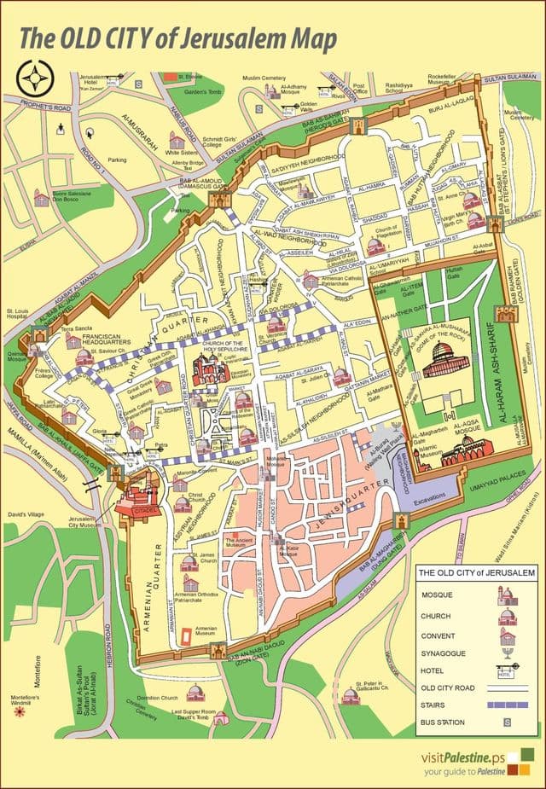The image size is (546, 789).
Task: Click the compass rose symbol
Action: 34,80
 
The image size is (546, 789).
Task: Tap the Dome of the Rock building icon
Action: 441,360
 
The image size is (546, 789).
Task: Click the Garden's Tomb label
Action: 201,91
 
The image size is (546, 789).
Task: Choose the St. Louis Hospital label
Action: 18,313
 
